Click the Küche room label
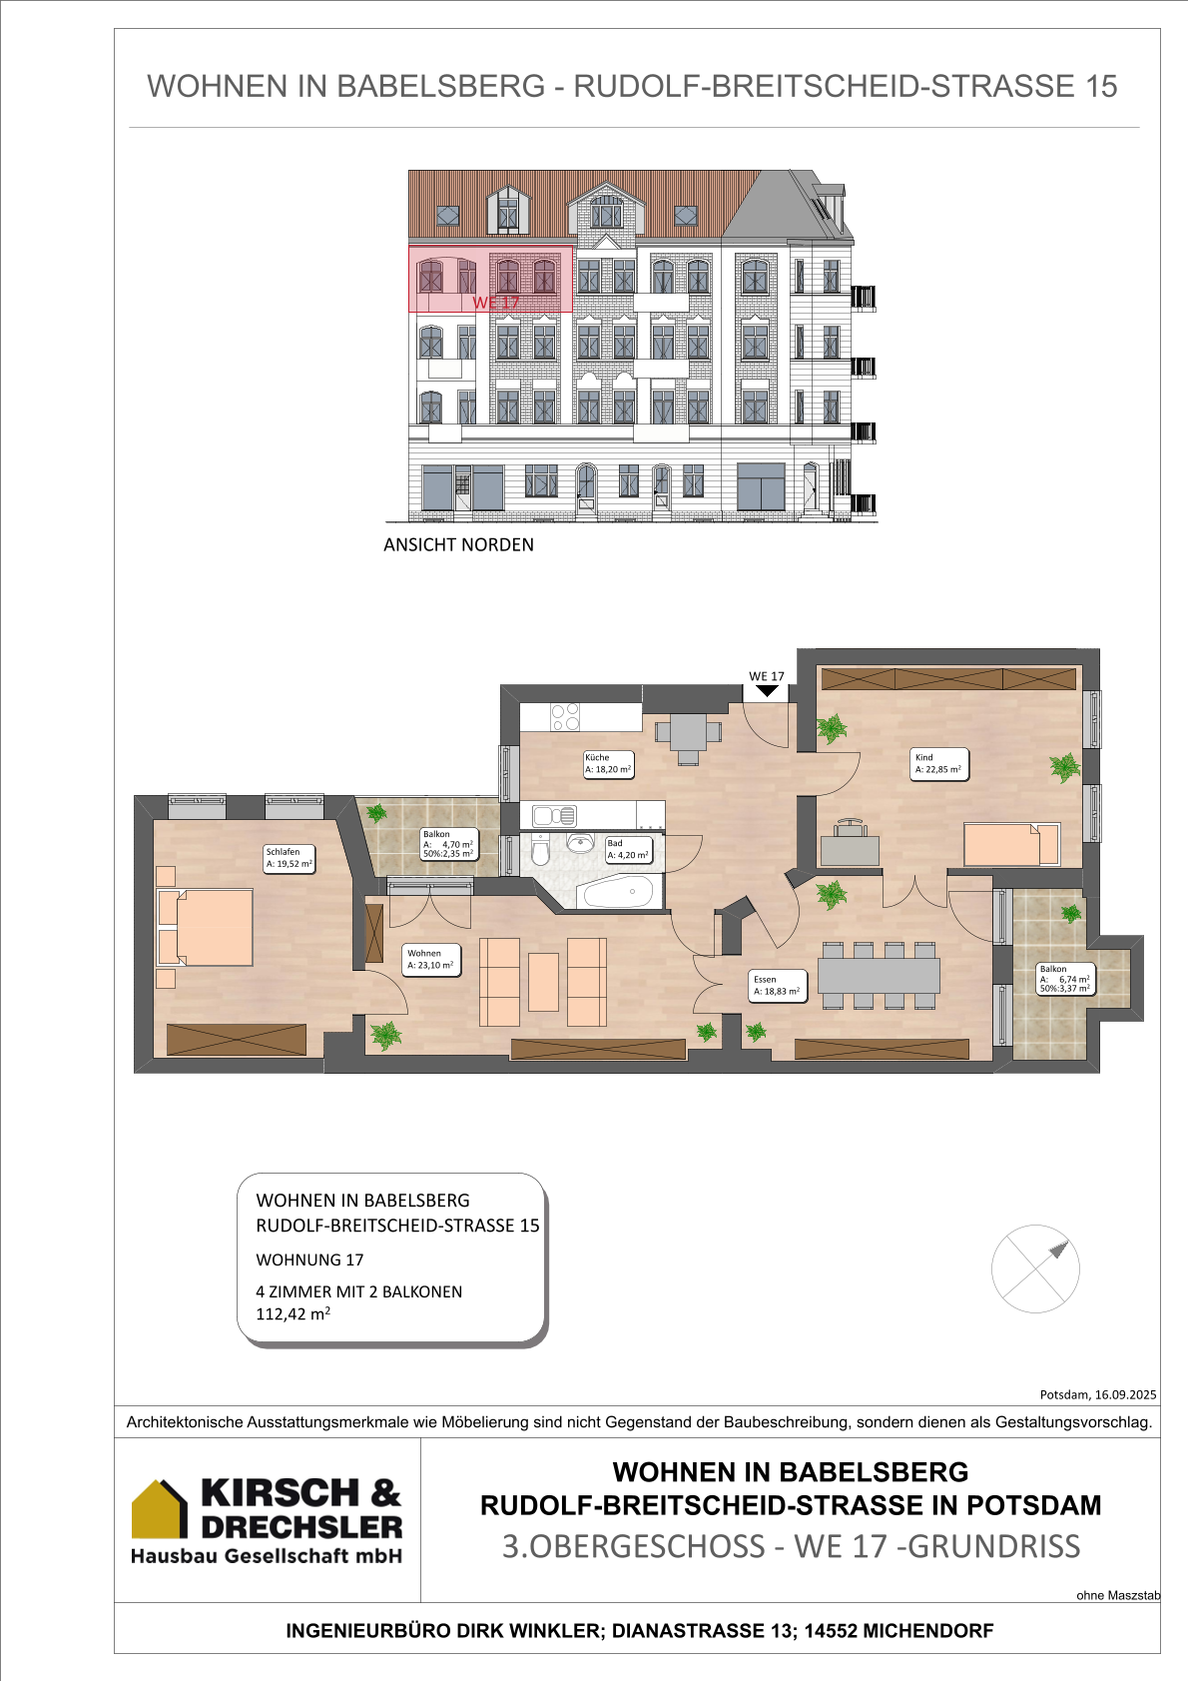[x=608, y=764]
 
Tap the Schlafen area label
[x=289, y=859]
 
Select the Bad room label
[x=628, y=850]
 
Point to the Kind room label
[x=938, y=764]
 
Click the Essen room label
[x=777, y=986]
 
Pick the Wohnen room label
[x=430, y=960]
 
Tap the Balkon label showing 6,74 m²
[x=1064, y=979]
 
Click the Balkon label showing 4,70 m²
[x=448, y=844]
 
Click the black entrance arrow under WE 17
[x=767, y=691]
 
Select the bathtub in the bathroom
[x=620, y=892]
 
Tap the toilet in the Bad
[x=540, y=850]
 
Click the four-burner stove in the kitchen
[x=565, y=717]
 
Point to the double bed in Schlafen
[x=206, y=928]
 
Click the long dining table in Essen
[x=879, y=976]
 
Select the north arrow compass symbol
[x=1035, y=1269]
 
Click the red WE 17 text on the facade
[x=496, y=304]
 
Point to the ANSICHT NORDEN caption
[x=459, y=544]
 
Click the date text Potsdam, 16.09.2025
[x=1098, y=1395]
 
